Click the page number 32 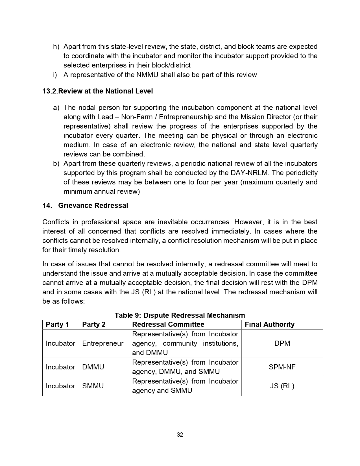[180, 435]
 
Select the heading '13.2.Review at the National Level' [97, 91]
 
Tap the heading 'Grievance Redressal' [93, 206]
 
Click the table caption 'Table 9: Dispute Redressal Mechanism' [180, 315]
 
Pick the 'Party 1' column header [57, 325]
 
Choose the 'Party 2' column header [94, 325]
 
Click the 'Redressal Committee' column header [168, 325]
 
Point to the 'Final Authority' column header [269, 325]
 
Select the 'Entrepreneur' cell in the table [103, 343]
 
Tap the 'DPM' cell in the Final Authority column [282, 343]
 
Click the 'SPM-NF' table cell [282, 367]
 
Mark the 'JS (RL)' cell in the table [282, 386]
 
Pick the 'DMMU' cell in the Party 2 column [93, 367]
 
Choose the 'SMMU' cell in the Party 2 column [93, 386]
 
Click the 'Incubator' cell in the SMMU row [60, 386]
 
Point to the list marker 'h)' [56, 47]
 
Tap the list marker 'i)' [55, 75]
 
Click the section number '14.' [47, 206]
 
